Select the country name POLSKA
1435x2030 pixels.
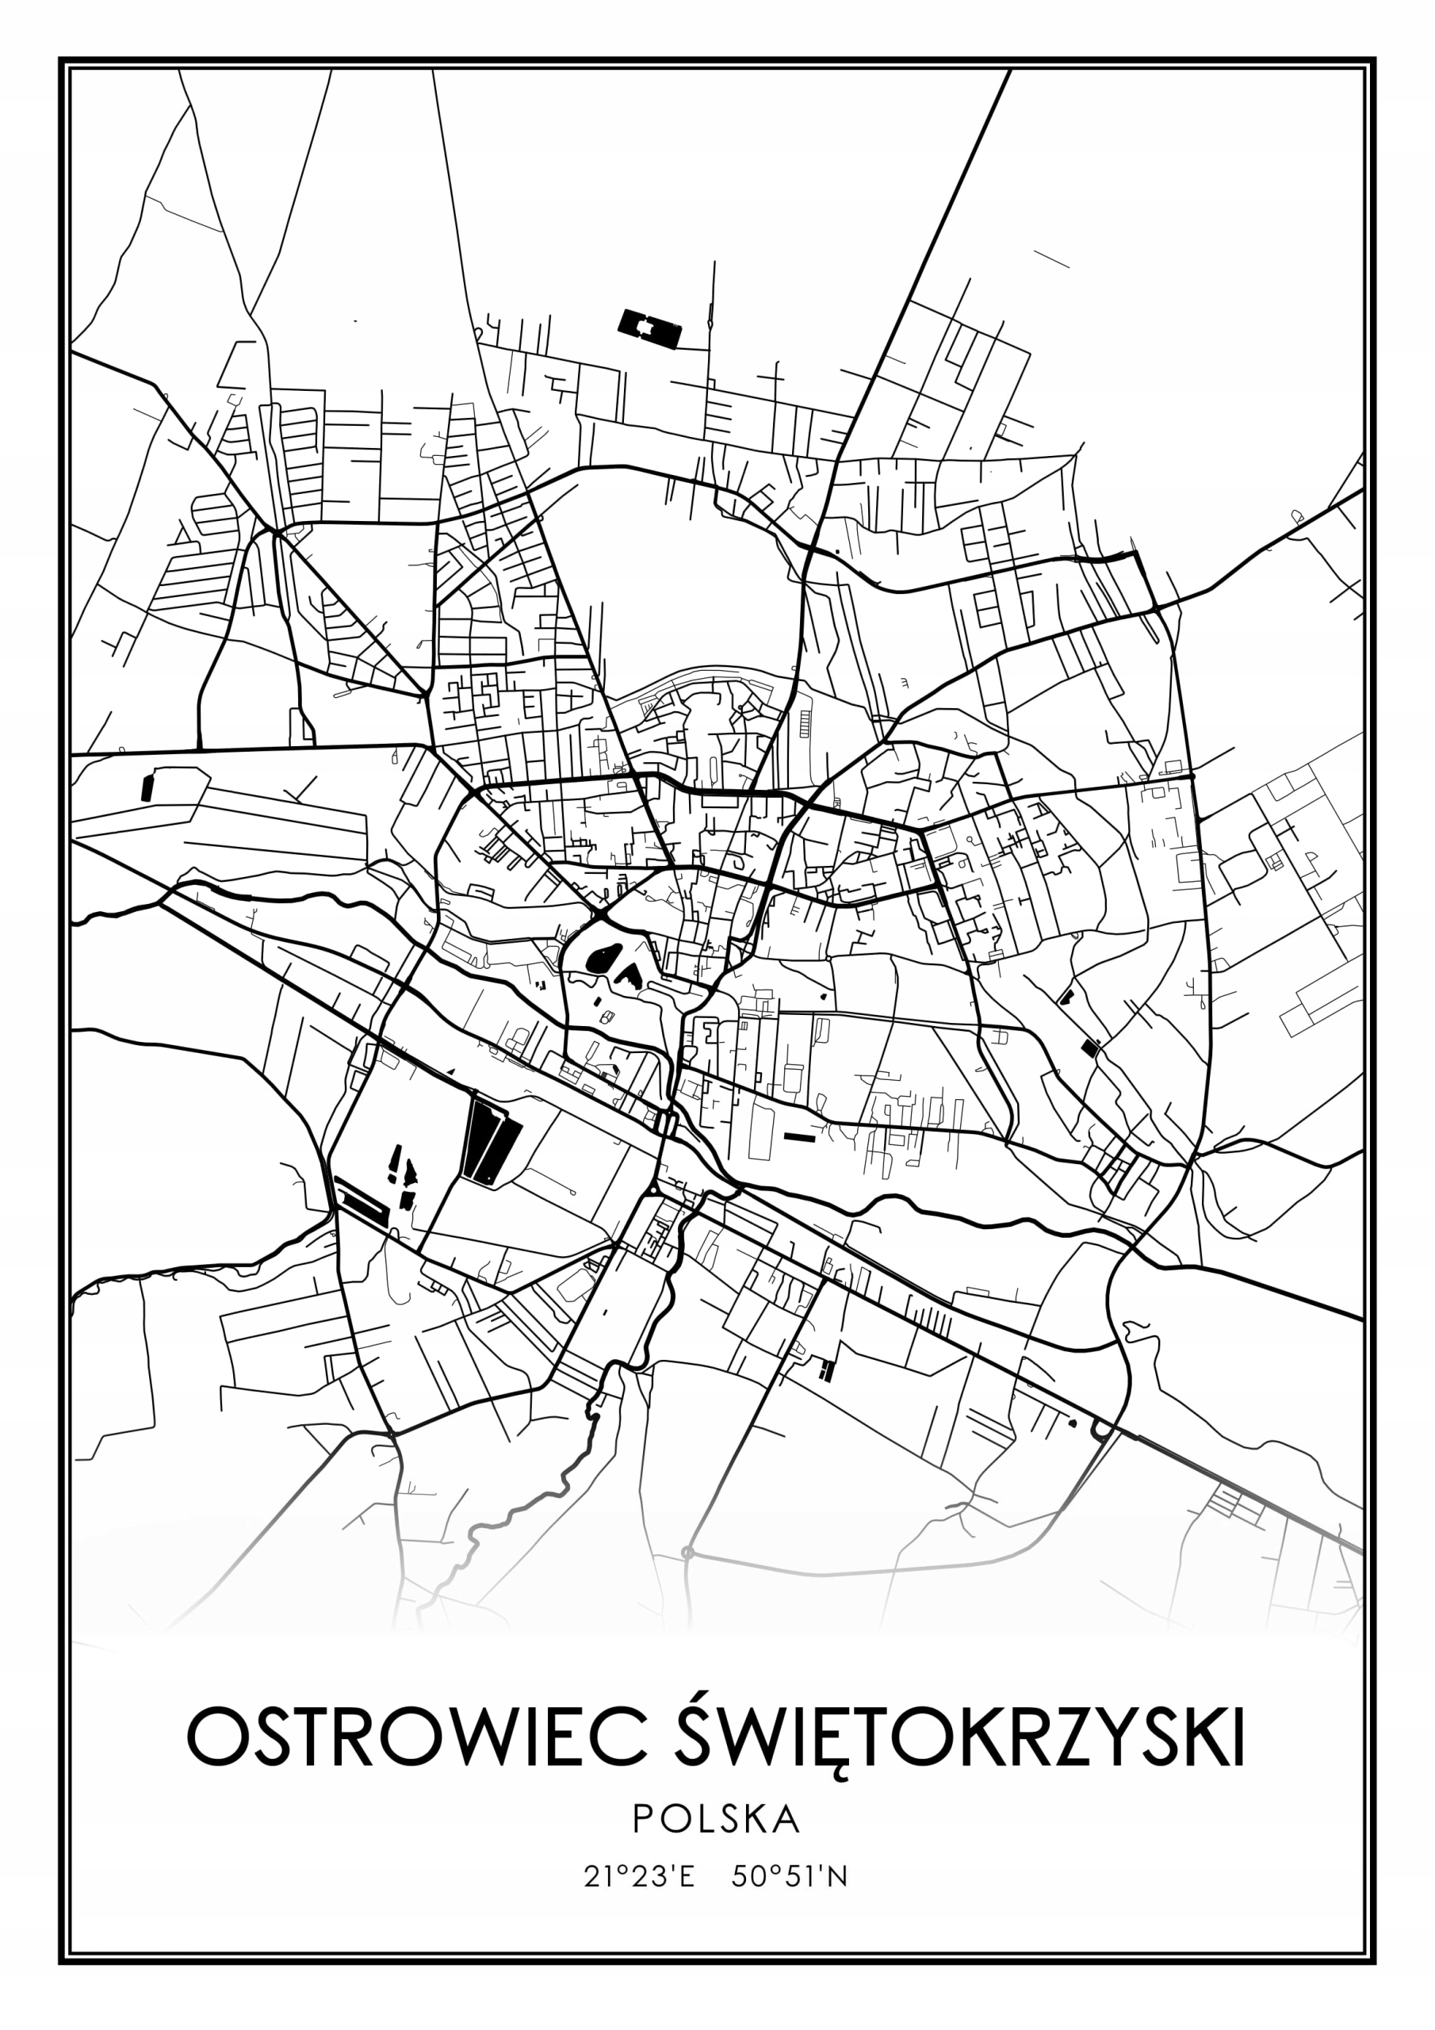pos(716,1817)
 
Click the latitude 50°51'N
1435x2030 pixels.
pos(790,1876)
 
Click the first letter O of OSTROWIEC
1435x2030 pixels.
pos(212,1737)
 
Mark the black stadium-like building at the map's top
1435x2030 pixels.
pos(651,328)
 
